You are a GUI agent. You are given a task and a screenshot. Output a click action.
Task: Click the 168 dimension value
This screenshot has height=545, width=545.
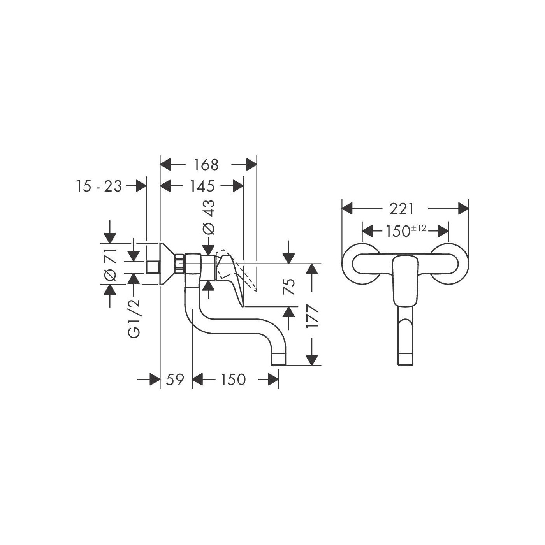click(x=206, y=165)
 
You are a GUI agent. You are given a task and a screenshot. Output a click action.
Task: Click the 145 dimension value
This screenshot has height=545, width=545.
click(x=202, y=186)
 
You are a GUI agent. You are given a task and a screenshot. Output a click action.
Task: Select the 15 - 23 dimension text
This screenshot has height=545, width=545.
click(x=99, y=186)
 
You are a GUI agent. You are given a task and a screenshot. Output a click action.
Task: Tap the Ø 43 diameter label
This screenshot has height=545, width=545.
click(x=209, y=217)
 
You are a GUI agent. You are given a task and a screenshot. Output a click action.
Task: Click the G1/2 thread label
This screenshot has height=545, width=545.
click(x=134, y=318)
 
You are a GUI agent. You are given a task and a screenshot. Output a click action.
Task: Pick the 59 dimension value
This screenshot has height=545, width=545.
click(x=175, y=380)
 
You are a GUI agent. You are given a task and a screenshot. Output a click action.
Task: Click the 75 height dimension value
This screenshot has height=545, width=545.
click(x=289, y=287)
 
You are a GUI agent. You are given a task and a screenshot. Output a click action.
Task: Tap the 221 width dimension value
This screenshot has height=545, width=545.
click(x=402, y=209)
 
